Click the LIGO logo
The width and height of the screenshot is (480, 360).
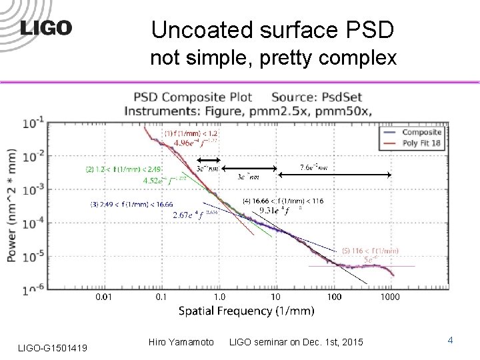(46, 28)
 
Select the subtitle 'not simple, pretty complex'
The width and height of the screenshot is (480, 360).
(273, 59)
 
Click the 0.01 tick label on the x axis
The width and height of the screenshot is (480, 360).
(103, 296)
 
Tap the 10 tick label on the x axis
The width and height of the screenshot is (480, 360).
(275, 296)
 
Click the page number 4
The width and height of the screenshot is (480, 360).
(451, 341)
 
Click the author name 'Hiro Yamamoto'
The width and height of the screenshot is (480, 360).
(181, 342)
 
